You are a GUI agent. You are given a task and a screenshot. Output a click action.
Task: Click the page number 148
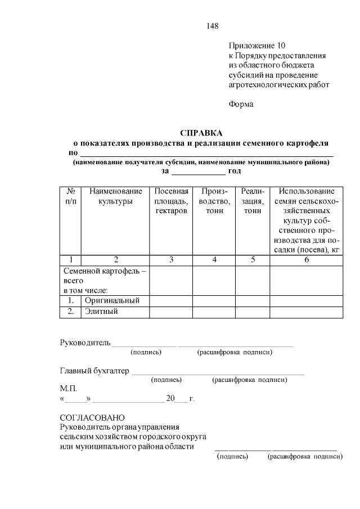coord(212,26)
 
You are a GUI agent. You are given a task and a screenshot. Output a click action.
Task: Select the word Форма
coord(241,104)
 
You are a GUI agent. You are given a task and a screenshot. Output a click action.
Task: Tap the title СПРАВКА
coord(201,133)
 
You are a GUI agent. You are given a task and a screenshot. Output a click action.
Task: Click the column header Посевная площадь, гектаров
coord(171,201)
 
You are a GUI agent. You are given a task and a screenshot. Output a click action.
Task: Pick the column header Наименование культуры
coord(115,196)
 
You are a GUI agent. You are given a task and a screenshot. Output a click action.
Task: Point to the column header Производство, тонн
coord(214,201)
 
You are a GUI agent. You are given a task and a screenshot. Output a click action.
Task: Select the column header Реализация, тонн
coord(253,201)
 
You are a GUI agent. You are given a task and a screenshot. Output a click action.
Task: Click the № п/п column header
coord(70,196)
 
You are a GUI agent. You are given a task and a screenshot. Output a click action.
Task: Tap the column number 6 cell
coord(307,260)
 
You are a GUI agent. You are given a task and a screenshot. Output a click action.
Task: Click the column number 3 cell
coord(171,260)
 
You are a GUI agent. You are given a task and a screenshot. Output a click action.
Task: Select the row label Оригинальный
coord(112,301)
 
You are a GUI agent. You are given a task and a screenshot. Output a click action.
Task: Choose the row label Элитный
coord(101,312)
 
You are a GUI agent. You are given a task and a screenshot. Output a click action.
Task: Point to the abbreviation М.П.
coord(68,389)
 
